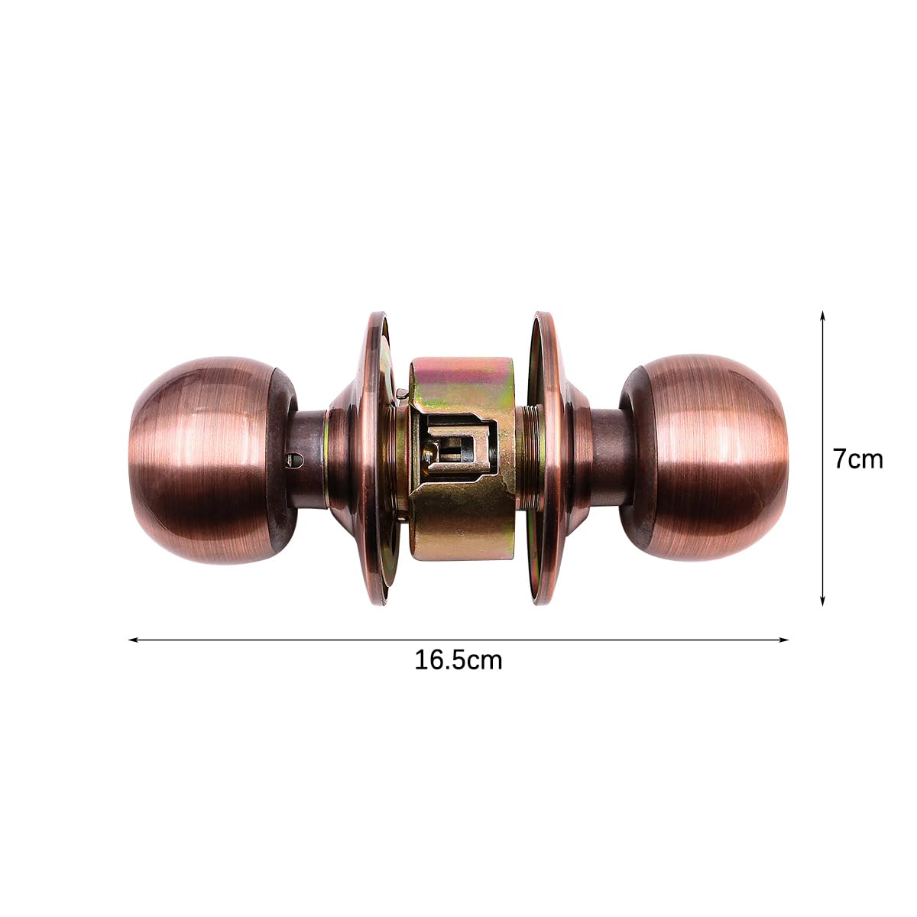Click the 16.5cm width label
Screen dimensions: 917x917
(458, 660)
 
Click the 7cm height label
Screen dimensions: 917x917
(858, 459)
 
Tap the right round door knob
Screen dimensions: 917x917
(704, 457)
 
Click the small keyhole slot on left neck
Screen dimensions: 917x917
(293, 459)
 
